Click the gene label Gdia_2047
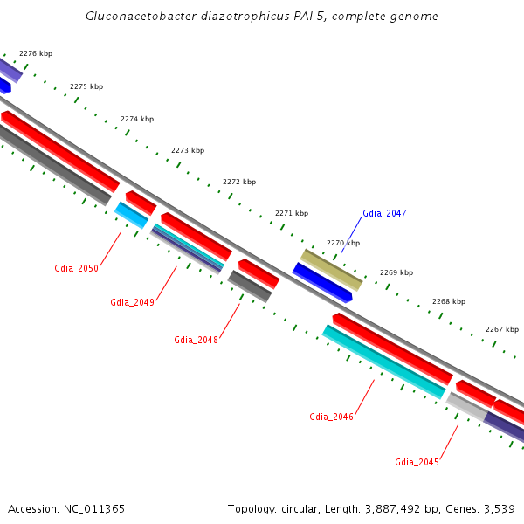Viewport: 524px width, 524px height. (384, 213)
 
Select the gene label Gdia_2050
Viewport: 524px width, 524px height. (76, 268)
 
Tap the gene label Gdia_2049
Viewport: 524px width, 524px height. (132, 302)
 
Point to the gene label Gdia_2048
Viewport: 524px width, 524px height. (196, 340)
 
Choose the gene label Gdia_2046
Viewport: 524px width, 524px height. (331, 417)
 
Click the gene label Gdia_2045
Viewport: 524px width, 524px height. (417, 462)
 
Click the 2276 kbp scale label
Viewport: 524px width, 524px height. (36, 53)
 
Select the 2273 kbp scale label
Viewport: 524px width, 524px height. (188, 151)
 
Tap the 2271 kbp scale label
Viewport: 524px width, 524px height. (292, 213)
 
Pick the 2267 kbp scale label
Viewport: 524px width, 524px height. (502, 329)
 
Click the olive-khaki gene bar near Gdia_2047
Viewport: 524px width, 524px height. (331, 269)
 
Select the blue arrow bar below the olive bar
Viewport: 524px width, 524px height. (321, 283)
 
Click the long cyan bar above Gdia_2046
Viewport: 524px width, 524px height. (384, 362)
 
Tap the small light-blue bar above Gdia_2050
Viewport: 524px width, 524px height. (131, 215)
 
